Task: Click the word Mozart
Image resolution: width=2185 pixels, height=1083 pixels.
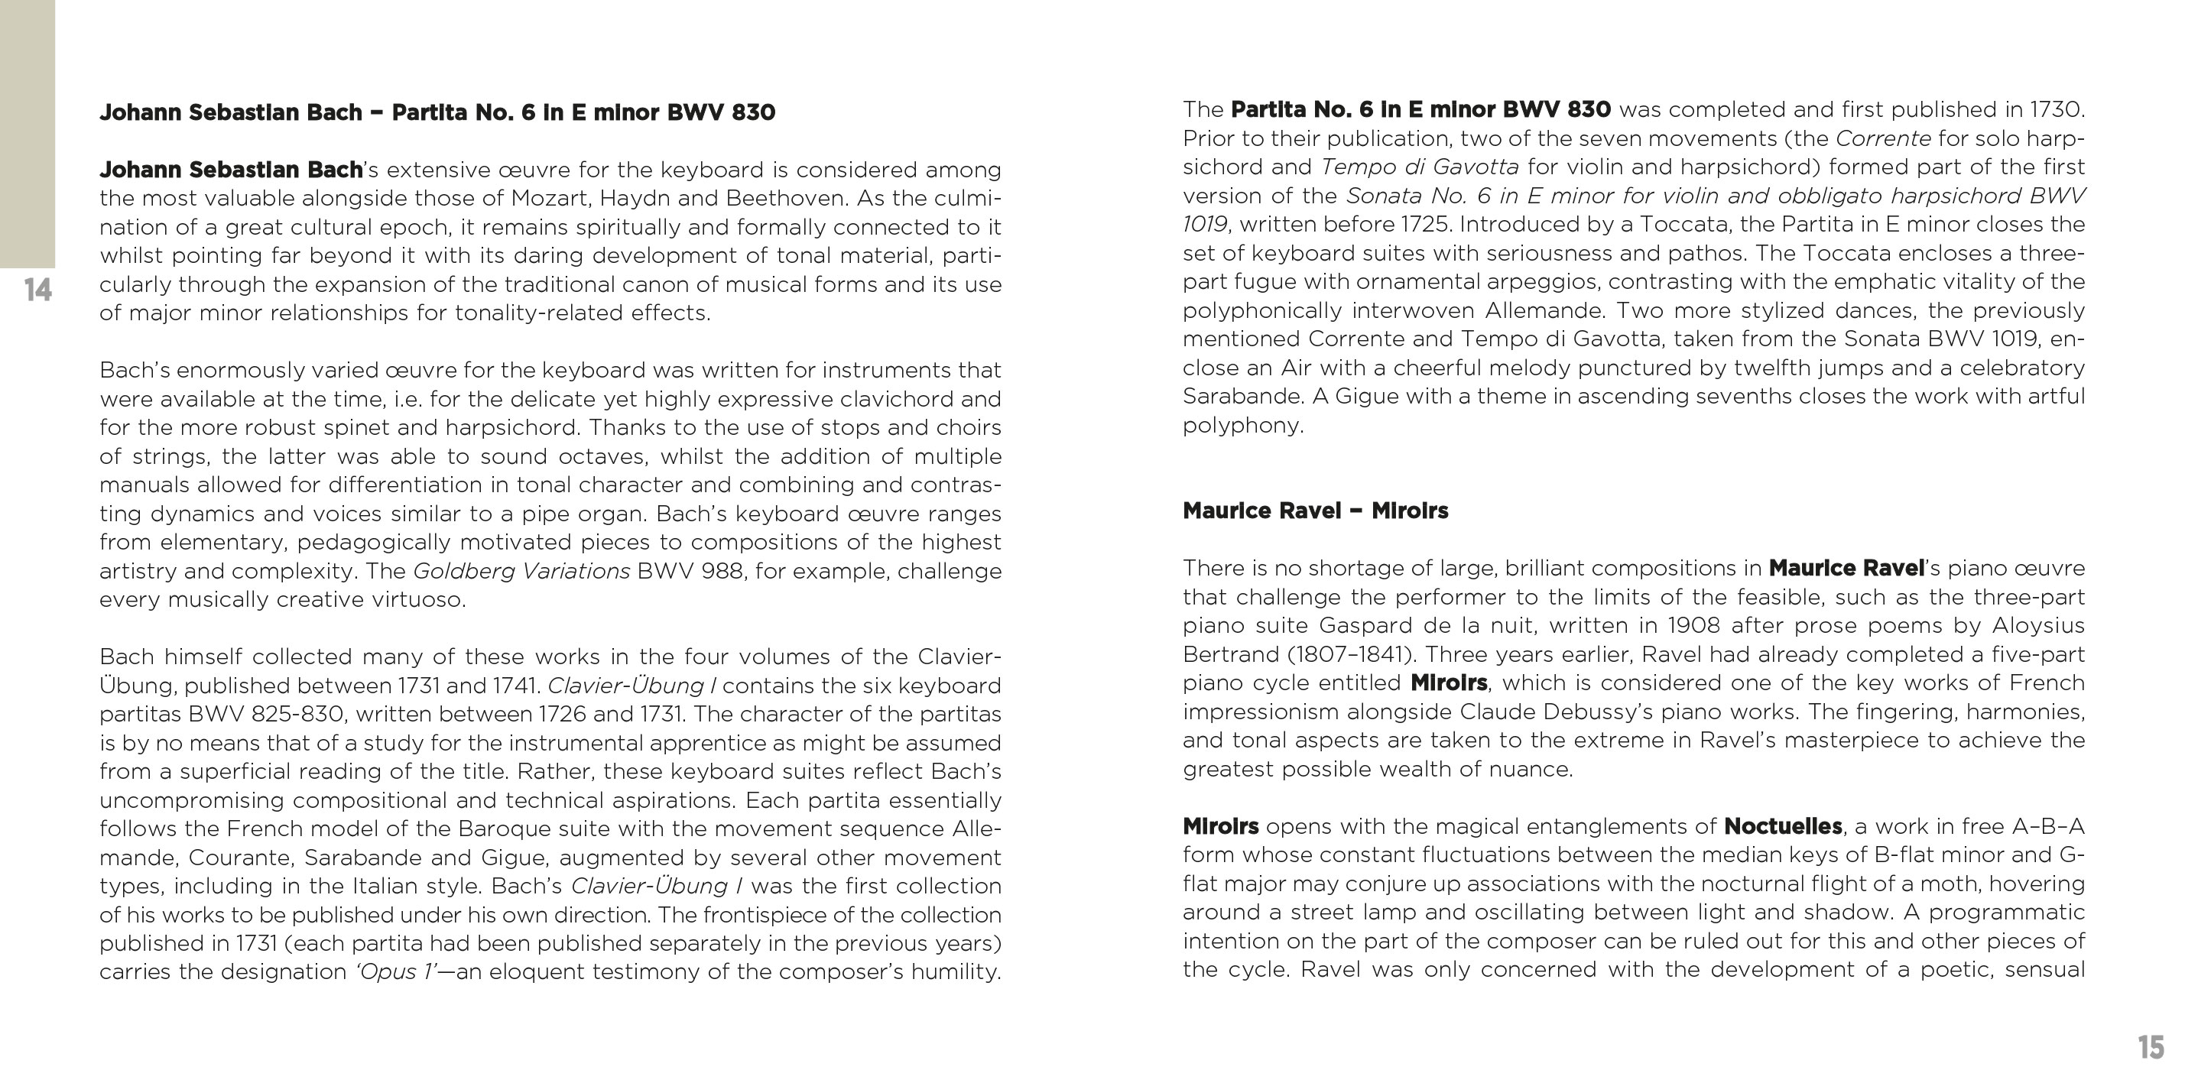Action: coord(548,199)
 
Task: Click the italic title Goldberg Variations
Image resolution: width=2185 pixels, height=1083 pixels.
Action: coord(521,571)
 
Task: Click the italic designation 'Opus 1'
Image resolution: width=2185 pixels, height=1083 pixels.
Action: coord(396,972)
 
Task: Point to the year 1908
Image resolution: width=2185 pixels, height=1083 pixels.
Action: coord(1692,626)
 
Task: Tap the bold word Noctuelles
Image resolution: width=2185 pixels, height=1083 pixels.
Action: coord(1783,826)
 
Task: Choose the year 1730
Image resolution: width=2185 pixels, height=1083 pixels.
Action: coord(2054,109)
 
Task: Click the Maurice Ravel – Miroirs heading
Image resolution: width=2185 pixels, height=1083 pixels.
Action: coord(1315,511)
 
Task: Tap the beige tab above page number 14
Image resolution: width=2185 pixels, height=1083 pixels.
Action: coord(28,133)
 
